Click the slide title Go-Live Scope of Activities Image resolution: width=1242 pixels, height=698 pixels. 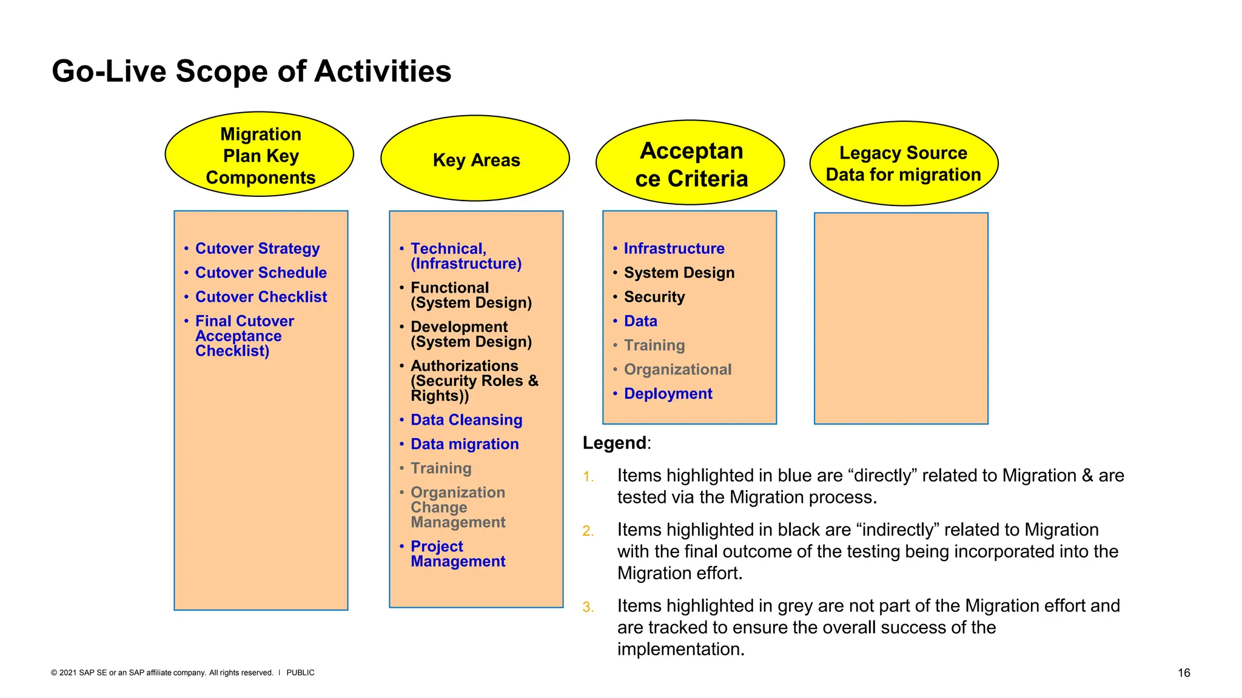coord(251,71)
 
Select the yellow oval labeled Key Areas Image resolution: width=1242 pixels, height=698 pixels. coord(475,159)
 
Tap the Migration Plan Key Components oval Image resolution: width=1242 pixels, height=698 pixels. coord(260,155)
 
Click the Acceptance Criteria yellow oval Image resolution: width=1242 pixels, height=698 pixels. coord(691,164)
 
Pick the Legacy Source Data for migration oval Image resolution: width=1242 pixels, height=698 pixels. coord(903,164)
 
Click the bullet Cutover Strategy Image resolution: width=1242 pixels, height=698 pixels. coord(257,248)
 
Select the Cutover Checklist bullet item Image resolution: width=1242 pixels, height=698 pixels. coord(261,297)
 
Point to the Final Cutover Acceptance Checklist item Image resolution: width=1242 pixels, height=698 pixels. coord(244,336)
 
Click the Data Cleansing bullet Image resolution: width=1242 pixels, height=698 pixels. coord(466,420)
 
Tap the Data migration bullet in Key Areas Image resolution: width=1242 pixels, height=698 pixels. coord(464,444)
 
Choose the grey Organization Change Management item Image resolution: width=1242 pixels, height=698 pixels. coord(457,507)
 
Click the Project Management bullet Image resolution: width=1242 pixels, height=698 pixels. coord(457,554)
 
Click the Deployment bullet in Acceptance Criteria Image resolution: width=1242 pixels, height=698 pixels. coord(668,394)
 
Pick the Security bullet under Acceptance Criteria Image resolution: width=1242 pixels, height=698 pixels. coord(654,297)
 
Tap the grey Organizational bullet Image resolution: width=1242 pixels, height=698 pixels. coord(677,370)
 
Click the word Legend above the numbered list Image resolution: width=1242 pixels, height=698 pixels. coord(614,443)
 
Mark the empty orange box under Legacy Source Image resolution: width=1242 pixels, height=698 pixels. coord(901,318)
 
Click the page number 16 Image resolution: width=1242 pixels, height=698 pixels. coord(1183,673)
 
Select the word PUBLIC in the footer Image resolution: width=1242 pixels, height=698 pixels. coord(300,673)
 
